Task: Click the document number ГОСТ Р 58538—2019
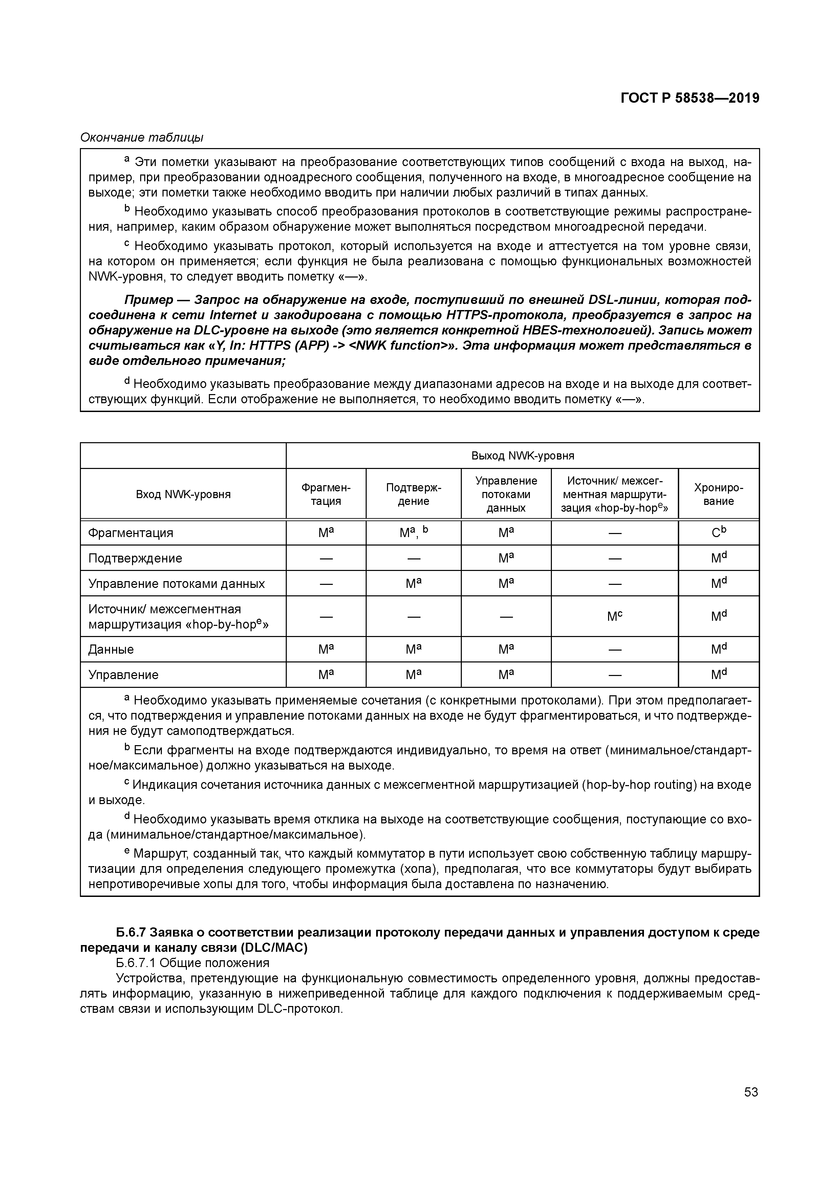click(x=689, y=98)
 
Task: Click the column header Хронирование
click(x=718, y=494)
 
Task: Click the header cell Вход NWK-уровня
click(x=183, y=494)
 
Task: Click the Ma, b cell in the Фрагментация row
click(x=413, y=532)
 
